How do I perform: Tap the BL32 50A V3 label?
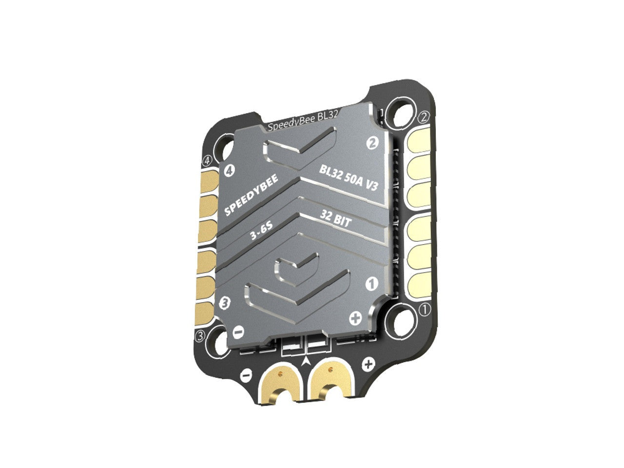(348, 178)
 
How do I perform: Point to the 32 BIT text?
(335, 218)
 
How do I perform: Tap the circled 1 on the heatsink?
(371, 284)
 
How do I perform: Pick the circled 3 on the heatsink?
(225, 303)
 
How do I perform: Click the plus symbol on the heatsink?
(355, 318)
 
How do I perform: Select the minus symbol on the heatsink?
(238, 331)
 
